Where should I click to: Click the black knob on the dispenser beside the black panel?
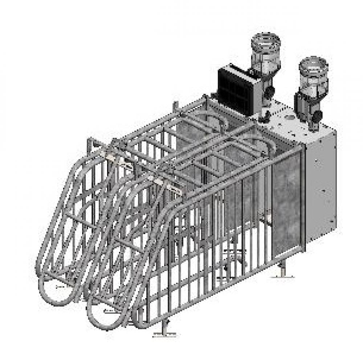269,92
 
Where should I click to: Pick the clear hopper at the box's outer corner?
313,78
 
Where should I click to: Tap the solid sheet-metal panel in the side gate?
287,203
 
